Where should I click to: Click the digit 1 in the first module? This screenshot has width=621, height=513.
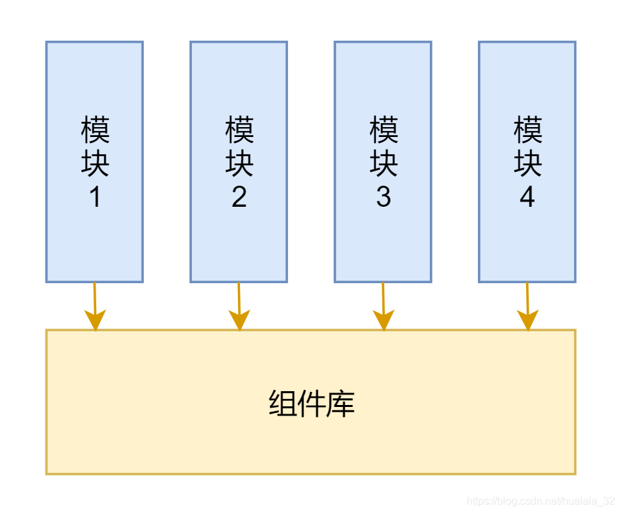[95, 197]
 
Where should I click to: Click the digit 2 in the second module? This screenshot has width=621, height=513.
[239, 197]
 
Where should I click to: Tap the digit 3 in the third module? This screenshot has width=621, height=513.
[383, 197]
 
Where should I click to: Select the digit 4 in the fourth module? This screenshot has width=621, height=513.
[527, 197]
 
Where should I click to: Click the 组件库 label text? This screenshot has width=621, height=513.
[312, 403]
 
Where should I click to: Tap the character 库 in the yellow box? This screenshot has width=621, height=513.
[341, 403]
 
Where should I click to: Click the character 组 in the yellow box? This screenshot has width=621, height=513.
[283, 403]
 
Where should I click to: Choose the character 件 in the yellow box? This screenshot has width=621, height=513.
[312, 403]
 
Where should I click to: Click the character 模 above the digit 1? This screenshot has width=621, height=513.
[95, 130]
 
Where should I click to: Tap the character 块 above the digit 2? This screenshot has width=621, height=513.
[239, 163]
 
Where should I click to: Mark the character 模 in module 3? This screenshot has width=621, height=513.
[383, 130]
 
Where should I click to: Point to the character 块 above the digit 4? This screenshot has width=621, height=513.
[527, 163]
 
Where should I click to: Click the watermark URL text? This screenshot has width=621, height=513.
[541, 501]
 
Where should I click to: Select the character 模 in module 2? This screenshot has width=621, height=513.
[239, 130]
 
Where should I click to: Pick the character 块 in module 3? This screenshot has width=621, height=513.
[383, 163]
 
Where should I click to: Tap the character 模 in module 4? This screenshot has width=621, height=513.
[527, 130]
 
